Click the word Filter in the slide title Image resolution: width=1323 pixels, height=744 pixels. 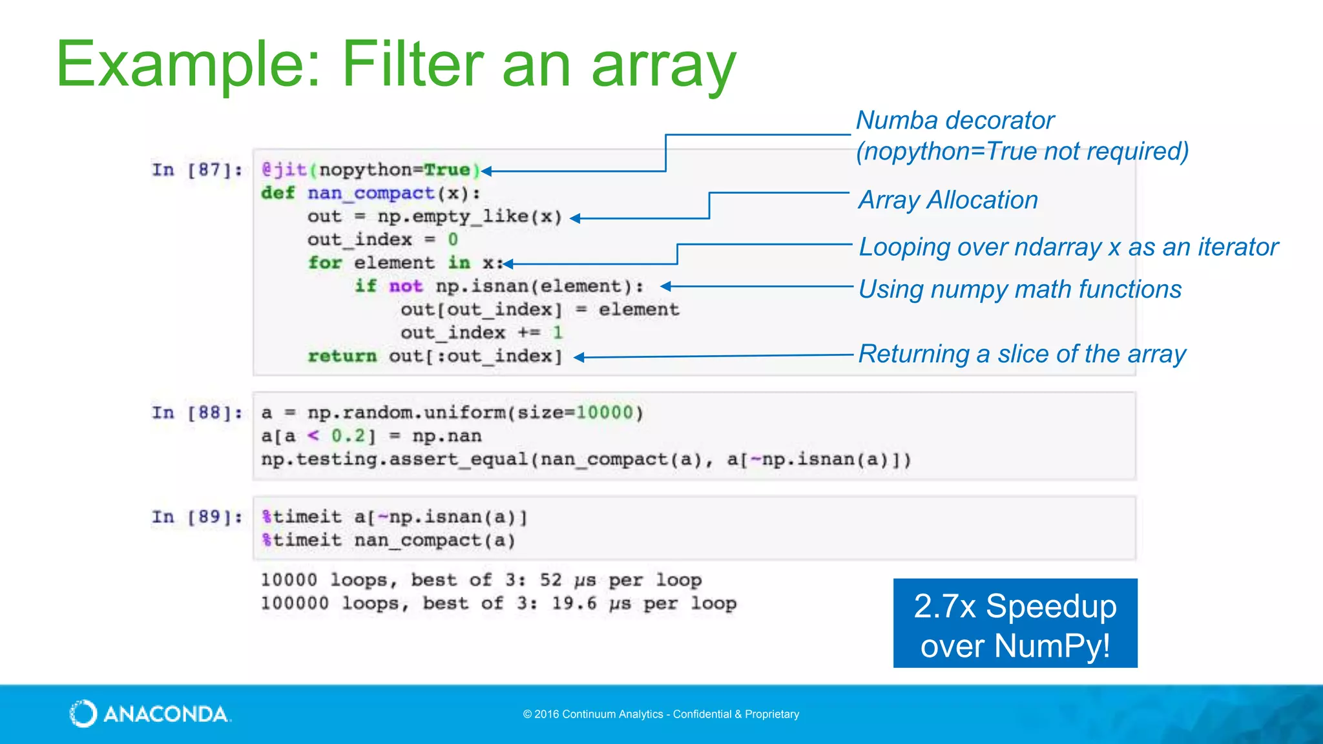click(x=412, y=65)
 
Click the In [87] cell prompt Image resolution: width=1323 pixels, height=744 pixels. click(x=197, y=170)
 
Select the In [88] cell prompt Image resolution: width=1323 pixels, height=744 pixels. click(x=197, y=413)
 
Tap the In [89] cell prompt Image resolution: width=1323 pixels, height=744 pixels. click(x=197, y=517)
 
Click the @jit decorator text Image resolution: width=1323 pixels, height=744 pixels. click(x=284, y=170)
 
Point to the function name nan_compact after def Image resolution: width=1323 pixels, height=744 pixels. click(x=371, y=193)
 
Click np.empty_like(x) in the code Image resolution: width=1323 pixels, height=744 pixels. click(x=470, y=216)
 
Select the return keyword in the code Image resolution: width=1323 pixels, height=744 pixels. click(x=342, y=356)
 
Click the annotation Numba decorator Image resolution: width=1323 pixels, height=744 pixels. click(x=955, y=121)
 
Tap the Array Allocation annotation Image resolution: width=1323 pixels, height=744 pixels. click(x=948, y=200)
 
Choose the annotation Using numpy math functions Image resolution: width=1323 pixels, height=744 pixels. click(x=1020, y=289)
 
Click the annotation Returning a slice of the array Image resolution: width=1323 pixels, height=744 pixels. click(x=1022, y=355)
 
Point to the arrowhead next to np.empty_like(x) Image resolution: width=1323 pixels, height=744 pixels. click(x=575, y=218)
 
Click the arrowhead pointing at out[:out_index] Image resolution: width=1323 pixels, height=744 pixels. click(x=579, y=357)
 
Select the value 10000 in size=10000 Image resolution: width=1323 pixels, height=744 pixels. click(x=605, y=413)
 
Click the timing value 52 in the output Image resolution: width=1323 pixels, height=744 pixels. click(x=551, y=579)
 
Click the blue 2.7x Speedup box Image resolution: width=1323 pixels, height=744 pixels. click(x=1015, y=623)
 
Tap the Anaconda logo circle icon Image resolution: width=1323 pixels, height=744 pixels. click(x=83, y=714)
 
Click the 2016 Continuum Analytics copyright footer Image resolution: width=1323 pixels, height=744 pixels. click(x=661, y=714)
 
